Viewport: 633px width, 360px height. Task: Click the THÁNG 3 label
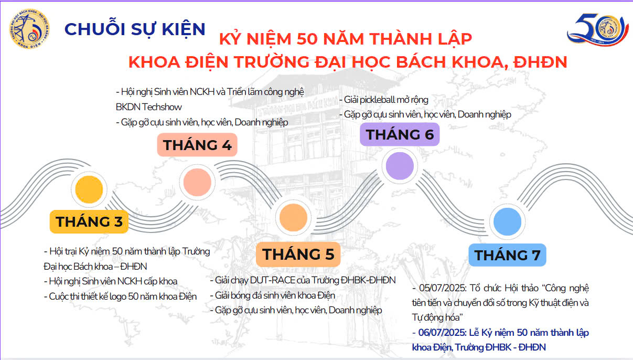[89, 221]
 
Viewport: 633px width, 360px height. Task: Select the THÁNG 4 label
[197, 145]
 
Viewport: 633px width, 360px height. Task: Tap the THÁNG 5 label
[298, 254]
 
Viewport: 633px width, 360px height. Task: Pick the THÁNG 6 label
[400, 134]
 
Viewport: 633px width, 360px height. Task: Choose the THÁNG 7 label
[507, 255]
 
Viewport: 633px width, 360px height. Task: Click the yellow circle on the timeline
[89, 189]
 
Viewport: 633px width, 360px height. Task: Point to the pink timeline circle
[197, 182]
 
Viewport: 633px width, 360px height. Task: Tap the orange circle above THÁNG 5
[293, 217]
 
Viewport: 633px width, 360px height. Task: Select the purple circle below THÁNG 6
[400, 166]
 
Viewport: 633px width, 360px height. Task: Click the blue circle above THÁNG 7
[507, 221]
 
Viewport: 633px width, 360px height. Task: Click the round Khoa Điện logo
[29, 28]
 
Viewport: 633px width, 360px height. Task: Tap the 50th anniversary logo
[598, 29]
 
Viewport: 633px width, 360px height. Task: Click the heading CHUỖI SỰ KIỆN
[135, 29]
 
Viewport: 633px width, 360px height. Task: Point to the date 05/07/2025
[443, 288]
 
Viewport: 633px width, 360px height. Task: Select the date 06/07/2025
[442, 333]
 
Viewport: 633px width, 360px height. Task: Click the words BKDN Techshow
[148, 107]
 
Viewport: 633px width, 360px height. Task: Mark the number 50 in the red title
[307, 39]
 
